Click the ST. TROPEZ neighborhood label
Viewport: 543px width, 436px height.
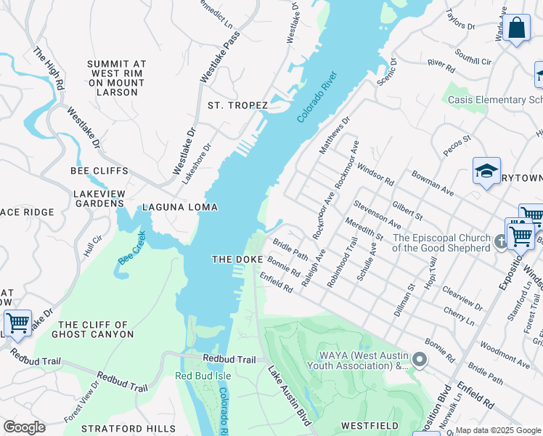(238, 105)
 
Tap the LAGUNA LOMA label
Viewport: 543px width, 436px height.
(180, 207)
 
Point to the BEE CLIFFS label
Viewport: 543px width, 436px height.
(99, 171)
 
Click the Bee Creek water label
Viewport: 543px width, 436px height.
(132, 247)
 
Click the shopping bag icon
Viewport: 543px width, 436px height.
(516, 29)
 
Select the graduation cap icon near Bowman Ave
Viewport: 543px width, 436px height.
(486, 171)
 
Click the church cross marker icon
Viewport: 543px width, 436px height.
(500, 242)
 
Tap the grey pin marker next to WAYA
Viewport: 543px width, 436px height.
(418, 359)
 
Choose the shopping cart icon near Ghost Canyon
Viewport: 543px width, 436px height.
(17, 323)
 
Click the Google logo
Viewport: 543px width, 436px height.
(24, 427)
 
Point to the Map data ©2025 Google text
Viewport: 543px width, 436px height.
(498, 430)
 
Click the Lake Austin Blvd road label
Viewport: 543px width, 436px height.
(290, 396)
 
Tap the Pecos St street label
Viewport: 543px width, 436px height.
(457, 145)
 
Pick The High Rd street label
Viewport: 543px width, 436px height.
(49, 69)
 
